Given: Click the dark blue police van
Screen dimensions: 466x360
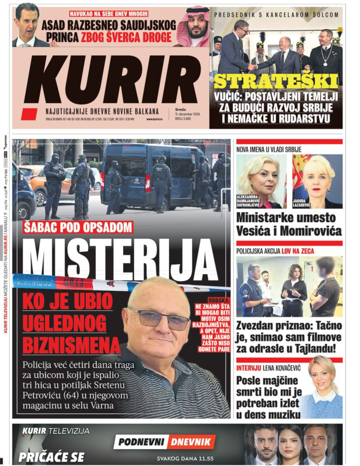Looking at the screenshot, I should coord(152,177).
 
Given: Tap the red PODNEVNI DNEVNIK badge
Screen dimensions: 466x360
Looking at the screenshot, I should coord(165,442).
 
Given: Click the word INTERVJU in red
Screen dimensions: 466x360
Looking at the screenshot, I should coord(249,368).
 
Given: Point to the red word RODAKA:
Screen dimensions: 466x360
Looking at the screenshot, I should coord(219,299).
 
